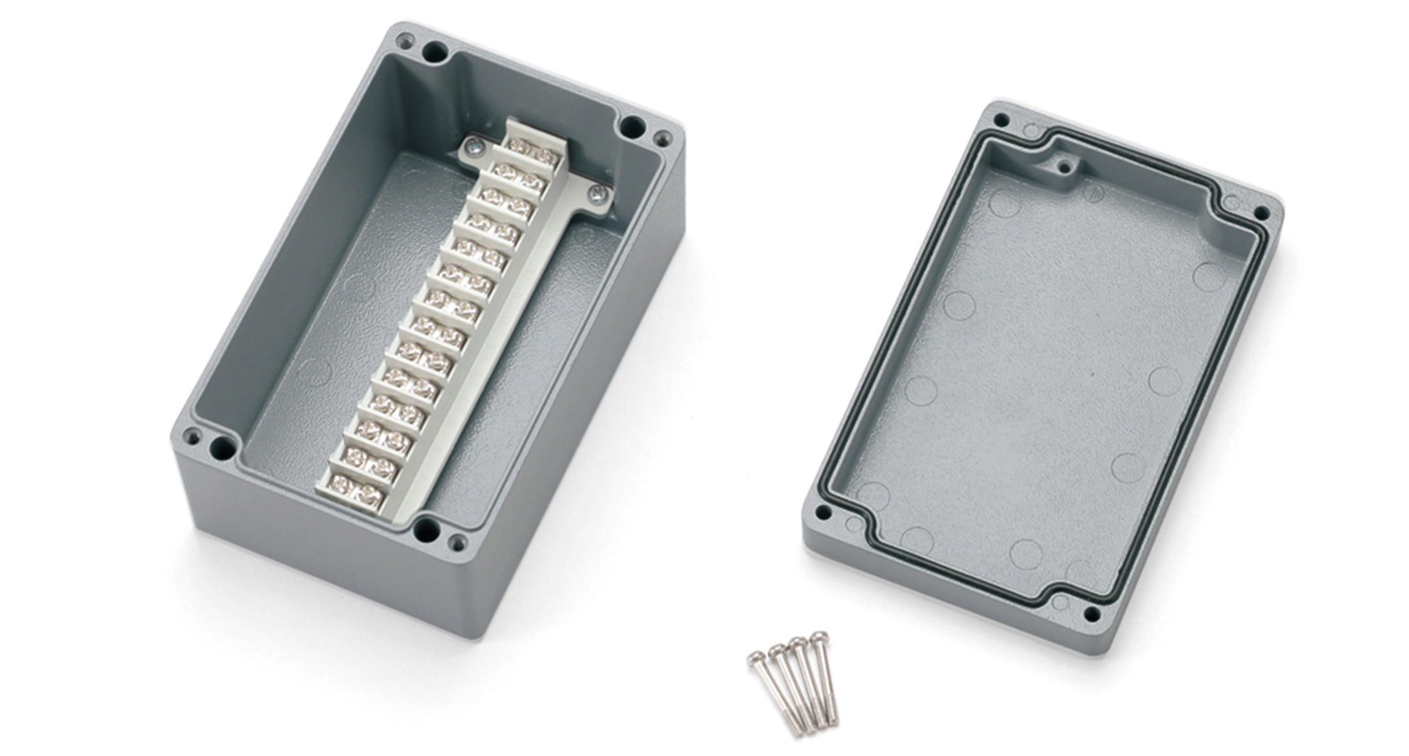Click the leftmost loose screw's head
tap(756, 658)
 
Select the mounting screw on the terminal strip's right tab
tap(596, 192)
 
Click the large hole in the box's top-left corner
tap(434, 51)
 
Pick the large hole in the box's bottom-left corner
tap(222, 448)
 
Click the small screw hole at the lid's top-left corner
tap(1002, 120)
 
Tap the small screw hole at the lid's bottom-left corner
tap(824, 513)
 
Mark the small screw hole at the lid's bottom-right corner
tap(1091, 613)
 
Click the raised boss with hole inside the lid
tap(1065, 167)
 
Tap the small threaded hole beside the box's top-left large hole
tap(404, 40)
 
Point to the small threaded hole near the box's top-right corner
tap(662, 138)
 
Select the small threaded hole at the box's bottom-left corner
tap(192, 435)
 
